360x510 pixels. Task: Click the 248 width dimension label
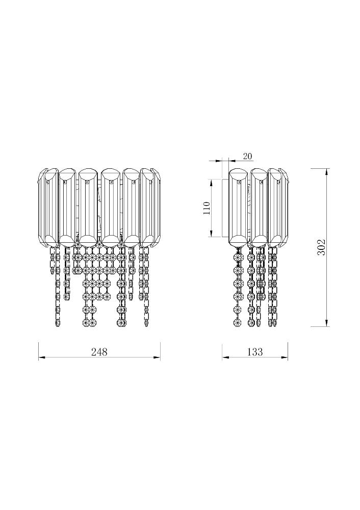pyautogui.click(x=99, y=351)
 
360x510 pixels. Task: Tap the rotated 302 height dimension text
pyautogui.click(x=321, y=247)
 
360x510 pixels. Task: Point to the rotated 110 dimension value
pyautogui.click(x=206, y=209)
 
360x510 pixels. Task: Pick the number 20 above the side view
pyautogui.click(x=247, y=157)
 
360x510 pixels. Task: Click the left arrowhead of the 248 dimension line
pyautogui.click(x=42, y=358)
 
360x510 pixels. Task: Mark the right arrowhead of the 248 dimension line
pyautogui.click(x=157, y=358)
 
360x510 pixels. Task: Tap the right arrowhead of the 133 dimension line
pyautogui.click(x=285, y=358)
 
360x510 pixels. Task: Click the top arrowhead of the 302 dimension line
pyautogui.click(x=325, y=172)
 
